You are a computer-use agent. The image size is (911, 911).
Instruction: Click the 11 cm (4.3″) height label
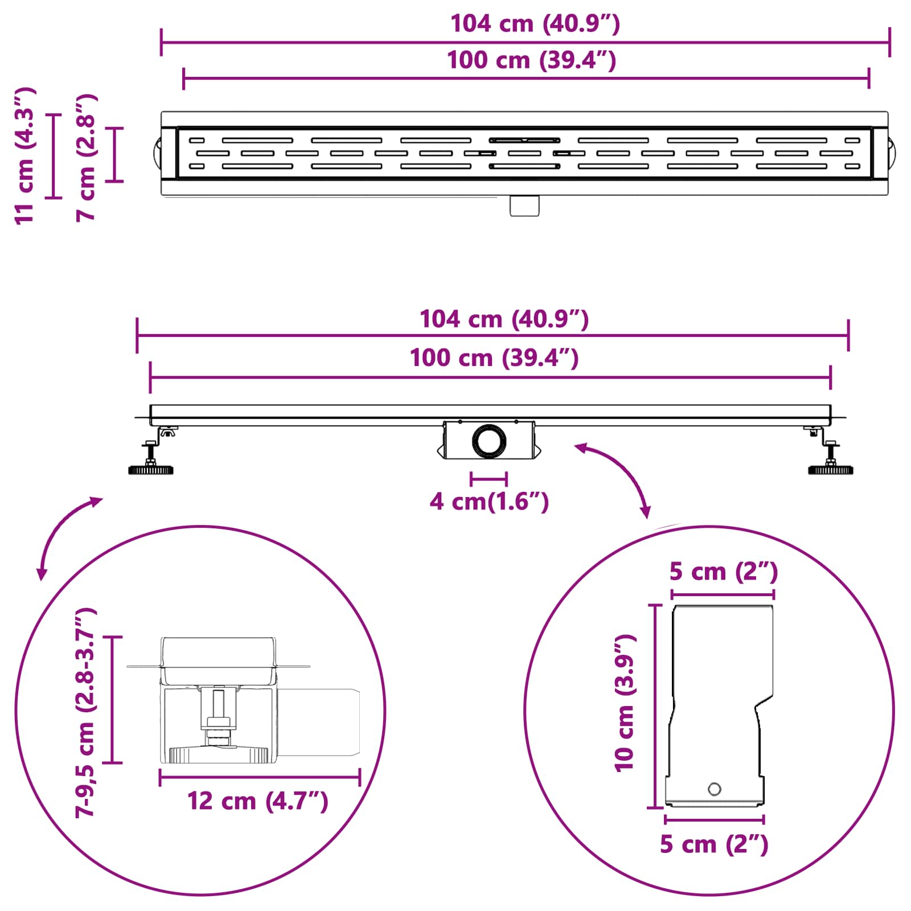click(x=26, y=156)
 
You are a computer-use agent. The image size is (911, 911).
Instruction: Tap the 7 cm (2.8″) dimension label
click(x=87, y=158)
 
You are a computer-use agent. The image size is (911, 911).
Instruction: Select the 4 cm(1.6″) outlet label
click(x=489, y=502)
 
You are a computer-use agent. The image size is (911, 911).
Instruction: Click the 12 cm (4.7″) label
click(x=258, y=801)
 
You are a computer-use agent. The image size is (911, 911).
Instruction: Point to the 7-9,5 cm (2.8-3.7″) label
click(x=86, y=712)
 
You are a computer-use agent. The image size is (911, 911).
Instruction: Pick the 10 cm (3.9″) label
click(x=625, y=703)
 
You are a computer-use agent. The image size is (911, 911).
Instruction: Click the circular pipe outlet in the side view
click(x=489, y=440)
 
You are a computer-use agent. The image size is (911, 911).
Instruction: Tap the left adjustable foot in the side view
click(x=152, y=450)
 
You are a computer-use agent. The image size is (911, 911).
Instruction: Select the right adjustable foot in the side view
click(x=829, y=450)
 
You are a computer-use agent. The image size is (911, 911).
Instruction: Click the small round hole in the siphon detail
click(x=714, y=789)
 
